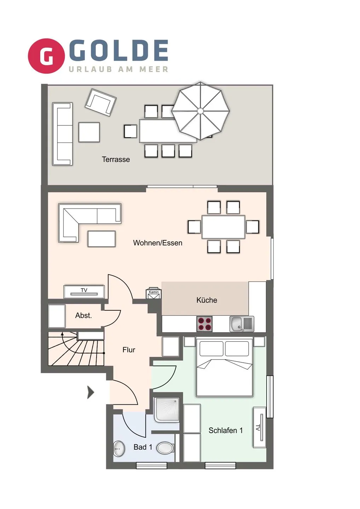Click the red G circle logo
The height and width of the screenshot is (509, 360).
[46, 56]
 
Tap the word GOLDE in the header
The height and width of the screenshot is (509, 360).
[119, 50]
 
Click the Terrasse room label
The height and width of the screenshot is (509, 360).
[116, 159]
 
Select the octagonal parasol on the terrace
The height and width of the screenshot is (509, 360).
[200, 111]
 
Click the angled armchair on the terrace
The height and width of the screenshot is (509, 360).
[100, 102]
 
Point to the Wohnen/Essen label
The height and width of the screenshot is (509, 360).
[157, 243]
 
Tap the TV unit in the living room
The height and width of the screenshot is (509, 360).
[84, 292]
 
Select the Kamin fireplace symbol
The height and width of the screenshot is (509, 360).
[153, 294]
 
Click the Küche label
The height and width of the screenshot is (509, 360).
[207, 300]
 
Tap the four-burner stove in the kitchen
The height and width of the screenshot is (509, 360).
[204, 324]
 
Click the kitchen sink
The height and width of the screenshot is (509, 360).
[242, 324]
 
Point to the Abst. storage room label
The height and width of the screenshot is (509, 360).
[83, 315]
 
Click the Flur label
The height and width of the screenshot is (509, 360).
[129, 350]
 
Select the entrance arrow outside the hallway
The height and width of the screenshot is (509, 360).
[91, 392]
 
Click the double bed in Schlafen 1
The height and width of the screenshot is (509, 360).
[225, 368]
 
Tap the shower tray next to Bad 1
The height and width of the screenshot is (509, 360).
[167, 410]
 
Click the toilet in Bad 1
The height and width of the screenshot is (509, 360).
[165, 448]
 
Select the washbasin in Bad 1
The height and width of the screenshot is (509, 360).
[119, 449]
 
